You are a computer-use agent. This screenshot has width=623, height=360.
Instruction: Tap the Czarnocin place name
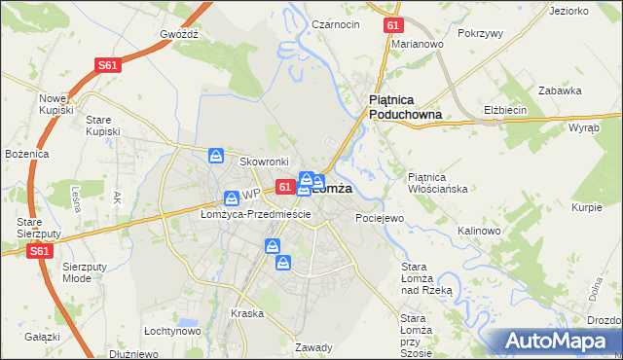pos(335,24)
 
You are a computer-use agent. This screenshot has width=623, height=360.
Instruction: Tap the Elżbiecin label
pos(505,110)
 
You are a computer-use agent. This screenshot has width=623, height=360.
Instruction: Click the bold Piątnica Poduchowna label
pos(405,107)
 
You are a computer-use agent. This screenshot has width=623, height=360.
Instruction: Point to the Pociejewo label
pos(380,218)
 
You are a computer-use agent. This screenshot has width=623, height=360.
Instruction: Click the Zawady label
pos(314,347)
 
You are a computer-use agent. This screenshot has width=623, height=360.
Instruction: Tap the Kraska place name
pos(247,313)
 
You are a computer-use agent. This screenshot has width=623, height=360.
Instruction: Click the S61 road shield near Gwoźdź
pos(108,65)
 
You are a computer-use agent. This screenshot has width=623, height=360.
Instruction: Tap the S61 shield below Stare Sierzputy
pos(39,250)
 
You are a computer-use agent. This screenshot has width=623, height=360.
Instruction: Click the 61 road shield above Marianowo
pos(391,25)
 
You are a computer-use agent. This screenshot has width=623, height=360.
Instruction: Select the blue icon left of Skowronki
pos(216,156)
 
